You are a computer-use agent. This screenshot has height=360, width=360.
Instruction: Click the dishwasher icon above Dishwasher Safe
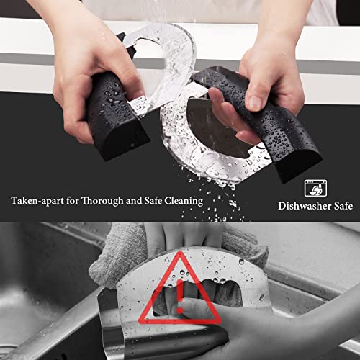[x=313, y=189]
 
